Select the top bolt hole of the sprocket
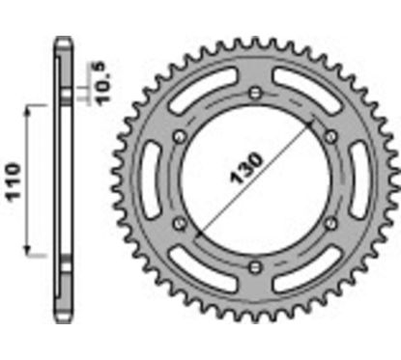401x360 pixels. pos(253,93)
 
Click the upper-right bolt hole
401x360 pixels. pos(327,135)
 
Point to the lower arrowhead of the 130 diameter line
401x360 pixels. pos(196,235)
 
